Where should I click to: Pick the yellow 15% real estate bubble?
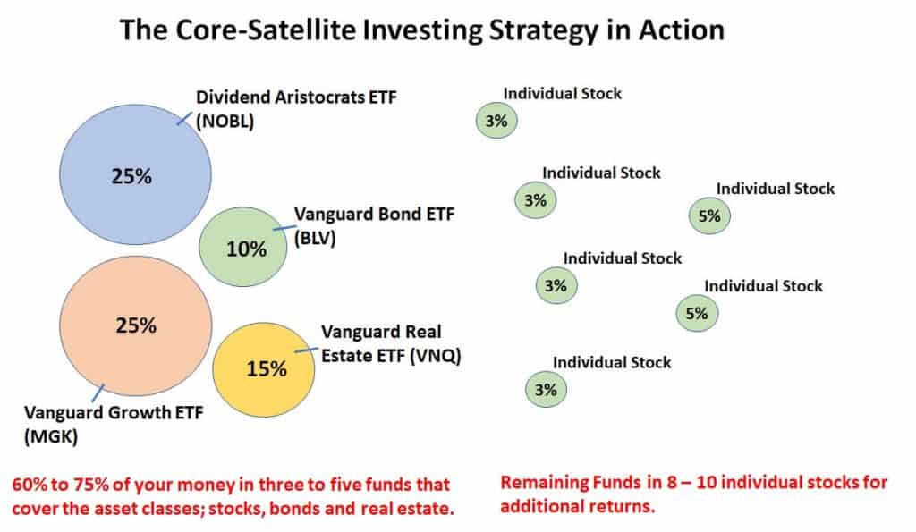point(265,367)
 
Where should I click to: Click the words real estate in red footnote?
point(407,506)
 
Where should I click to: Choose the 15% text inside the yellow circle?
point(266,367)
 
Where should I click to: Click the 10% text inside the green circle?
point(247,249)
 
